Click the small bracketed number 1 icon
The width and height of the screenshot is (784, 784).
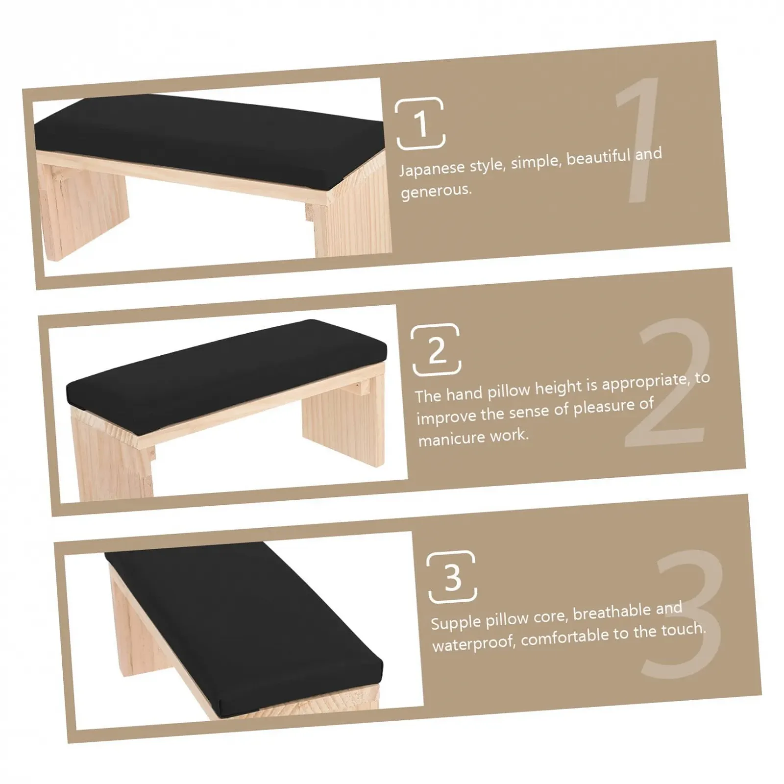(x=420, y=123)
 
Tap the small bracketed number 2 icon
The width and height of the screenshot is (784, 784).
(x=436, y=349)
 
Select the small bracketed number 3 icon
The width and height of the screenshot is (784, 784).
(x=452, y=576)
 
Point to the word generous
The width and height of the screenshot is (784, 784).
(x=436, y=191)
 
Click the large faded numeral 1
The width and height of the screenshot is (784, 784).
(x=637, y=139)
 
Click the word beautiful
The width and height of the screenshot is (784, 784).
(x=598, y=158)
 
